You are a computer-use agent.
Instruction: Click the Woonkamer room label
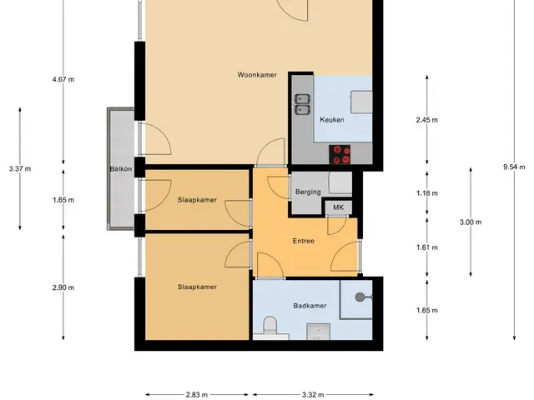[x=257, y=75]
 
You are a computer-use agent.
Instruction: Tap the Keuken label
[x=332, y=120]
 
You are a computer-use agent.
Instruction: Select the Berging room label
[x=308, y=192]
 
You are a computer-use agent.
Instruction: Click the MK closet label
[x=338, y=207]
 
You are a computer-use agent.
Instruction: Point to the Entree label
[x=304, y=241]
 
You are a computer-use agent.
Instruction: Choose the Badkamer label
[x=310, y=306]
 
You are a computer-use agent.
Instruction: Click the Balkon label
[x=121, y=168]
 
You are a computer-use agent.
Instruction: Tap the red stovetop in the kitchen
[x=340, y=155]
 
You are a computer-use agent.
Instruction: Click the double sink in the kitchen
[x=302, y=104]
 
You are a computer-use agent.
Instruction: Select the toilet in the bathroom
[x=270, y=325]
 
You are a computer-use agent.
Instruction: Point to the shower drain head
[x=360, y=297]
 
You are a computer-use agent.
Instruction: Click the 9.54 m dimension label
[x=514, y=167]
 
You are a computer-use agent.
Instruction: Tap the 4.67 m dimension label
[x=63, y=80]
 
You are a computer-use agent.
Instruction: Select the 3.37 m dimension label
[x=20, y=168]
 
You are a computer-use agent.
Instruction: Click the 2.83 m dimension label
[x=197, y=395]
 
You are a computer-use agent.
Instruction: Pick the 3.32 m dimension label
[x=313, y=395]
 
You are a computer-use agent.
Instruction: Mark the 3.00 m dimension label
[x=471, y=222]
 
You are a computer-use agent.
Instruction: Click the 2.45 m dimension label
[x=427, y=120]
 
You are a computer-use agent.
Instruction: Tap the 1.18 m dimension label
[x=427, y=193]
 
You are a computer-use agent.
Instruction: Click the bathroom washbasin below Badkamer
[x=319, y=332]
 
